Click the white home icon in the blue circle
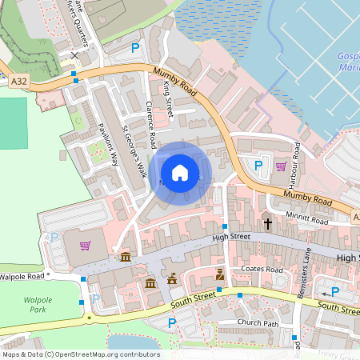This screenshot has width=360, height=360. click(x=180, y=172)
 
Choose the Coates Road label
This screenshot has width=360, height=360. click(x=262, y=270)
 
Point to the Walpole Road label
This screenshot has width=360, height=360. click(x=22, y=277)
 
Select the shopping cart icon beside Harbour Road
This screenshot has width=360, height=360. click(x=281, y=166)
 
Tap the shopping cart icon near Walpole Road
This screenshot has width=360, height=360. click(x=86, y=246)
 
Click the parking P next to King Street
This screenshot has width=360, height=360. click(x=135, y=49)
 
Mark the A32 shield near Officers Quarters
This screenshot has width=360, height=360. click(x=19, y=81)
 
